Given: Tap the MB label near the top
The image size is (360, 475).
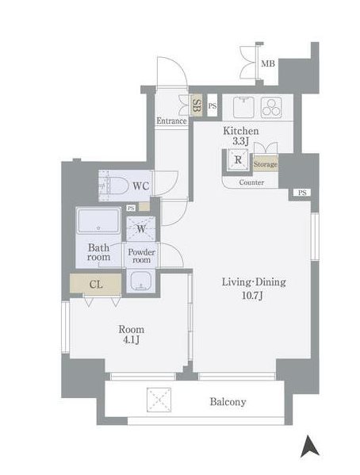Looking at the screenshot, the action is pyautogui.click(x=268, y=63).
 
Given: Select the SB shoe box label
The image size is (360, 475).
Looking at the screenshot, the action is pyautogui.click(x=197, y=105).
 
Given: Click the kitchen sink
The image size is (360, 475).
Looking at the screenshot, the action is pyautogui.click(x=244, y=107).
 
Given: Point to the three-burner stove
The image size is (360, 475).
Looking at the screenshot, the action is pyautogui.click(x=271, y=107).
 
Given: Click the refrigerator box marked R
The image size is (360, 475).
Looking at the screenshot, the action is pyautogui.click(x=238, y=159).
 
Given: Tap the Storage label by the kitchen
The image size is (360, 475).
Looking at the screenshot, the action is pyautogui.click(x=266, y=164).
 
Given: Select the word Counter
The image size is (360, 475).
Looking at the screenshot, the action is pyautogui.click(x=251, y=182).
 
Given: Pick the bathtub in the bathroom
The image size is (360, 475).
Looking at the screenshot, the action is pyautogui.click(x=99, y=220).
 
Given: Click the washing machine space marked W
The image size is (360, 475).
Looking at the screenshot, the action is pyautogui.click(x=141, y=228).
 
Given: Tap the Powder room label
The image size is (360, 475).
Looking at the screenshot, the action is pyautogui.click(x=141, y=255).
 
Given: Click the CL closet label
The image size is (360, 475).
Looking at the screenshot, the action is pyautogui.click(x=96, y=284).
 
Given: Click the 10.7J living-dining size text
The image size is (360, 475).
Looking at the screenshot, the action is pyautogui.click(x=252, y=295).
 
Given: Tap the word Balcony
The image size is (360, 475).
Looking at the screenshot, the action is pyautogui.click(x=228, y=402).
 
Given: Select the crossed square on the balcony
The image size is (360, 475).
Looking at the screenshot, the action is pyautogui.click(x=159, y=400).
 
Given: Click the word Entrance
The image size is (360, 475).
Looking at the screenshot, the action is pyautogui.click(x=171, y=121).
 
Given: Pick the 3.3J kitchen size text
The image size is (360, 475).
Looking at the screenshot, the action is pyautogui.click(x=240, y=141).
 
